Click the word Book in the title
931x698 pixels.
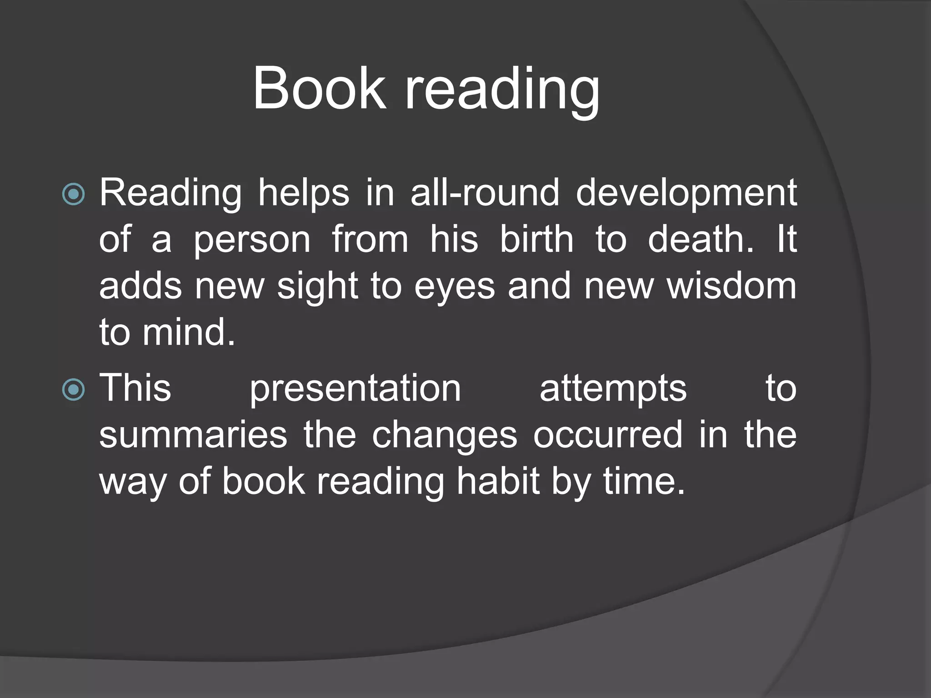pyautogui.click(x=320, y=88)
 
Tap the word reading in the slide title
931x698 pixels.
pyautogui.click(x=502, y=91)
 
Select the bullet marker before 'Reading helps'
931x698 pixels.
pyautogui.click(x=73, y=194)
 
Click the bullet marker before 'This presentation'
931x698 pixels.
pyautogui.click(x=73, y=389)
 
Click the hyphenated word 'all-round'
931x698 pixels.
pyautogui.click(x=485, y=193)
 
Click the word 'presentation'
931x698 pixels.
pyautogui.click(x=355, y=389)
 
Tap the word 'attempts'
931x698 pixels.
pyautogui.click(x=613, y=389)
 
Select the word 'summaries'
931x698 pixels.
pyautogui.click(x=193, y=435)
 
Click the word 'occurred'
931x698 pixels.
pyautogui.click(x=608, y=435)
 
